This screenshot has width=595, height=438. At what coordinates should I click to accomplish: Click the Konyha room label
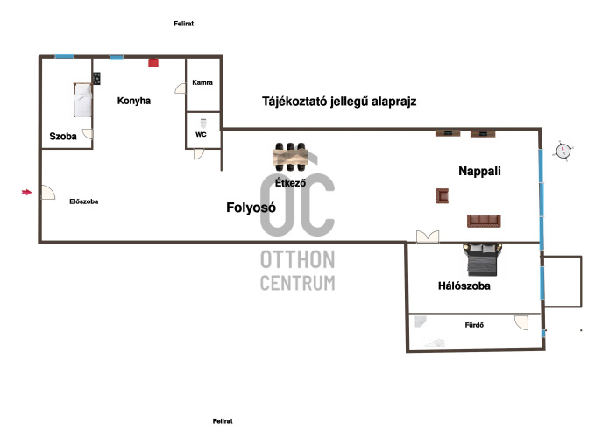click(134, 101)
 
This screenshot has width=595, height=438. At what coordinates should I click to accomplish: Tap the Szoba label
click(63, 137)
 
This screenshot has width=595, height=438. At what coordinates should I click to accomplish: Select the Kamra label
click(202, 83)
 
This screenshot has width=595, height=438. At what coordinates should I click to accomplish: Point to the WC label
click(201, 135)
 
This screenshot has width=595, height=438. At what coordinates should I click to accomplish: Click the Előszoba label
click(84, 201)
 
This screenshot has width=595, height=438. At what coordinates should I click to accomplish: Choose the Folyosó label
click(251, 208)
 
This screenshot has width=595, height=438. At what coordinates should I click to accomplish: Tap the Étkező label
click(290, 184)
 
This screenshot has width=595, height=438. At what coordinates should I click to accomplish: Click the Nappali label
click(479, 171)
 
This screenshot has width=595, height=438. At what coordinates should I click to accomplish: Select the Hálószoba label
click(464, 286)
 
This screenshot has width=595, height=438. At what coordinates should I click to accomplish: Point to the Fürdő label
click(474, 326)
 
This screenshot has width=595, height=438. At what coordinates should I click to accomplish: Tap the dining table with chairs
click(290, 156)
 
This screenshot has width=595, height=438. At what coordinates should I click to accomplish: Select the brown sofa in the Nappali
click(485, 221)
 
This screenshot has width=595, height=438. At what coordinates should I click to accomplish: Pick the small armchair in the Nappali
click(441, 196)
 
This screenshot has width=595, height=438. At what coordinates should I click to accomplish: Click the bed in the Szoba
click(81, 101)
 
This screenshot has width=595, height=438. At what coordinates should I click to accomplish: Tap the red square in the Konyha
click(152, 62)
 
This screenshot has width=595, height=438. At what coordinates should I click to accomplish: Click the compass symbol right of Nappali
click(563, 151)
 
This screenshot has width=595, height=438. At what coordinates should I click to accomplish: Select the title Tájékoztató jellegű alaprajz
click(339, 102)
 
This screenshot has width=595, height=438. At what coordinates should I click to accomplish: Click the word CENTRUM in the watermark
click(297, 283)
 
